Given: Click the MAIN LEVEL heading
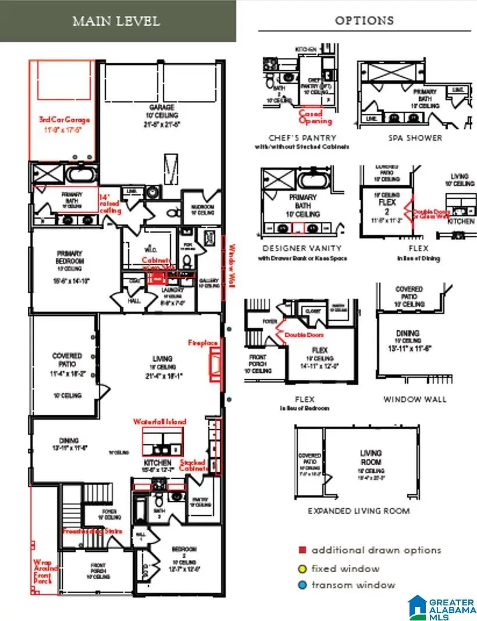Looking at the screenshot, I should (116, 22).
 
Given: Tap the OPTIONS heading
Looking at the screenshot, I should (364, 20).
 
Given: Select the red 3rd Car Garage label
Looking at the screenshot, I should (65, 120).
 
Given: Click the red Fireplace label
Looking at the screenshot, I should (202, 343).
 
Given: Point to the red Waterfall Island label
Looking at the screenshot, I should (159, 422).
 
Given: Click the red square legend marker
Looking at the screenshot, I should (302, 550).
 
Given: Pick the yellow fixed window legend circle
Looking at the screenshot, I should (302, 568).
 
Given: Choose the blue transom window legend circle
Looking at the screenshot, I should (302, 585).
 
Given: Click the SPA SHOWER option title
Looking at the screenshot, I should (415, 138).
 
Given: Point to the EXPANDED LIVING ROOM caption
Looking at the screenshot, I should (358, 511).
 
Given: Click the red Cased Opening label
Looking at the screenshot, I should (315, 117).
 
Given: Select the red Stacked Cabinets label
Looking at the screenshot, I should (192, 465).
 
